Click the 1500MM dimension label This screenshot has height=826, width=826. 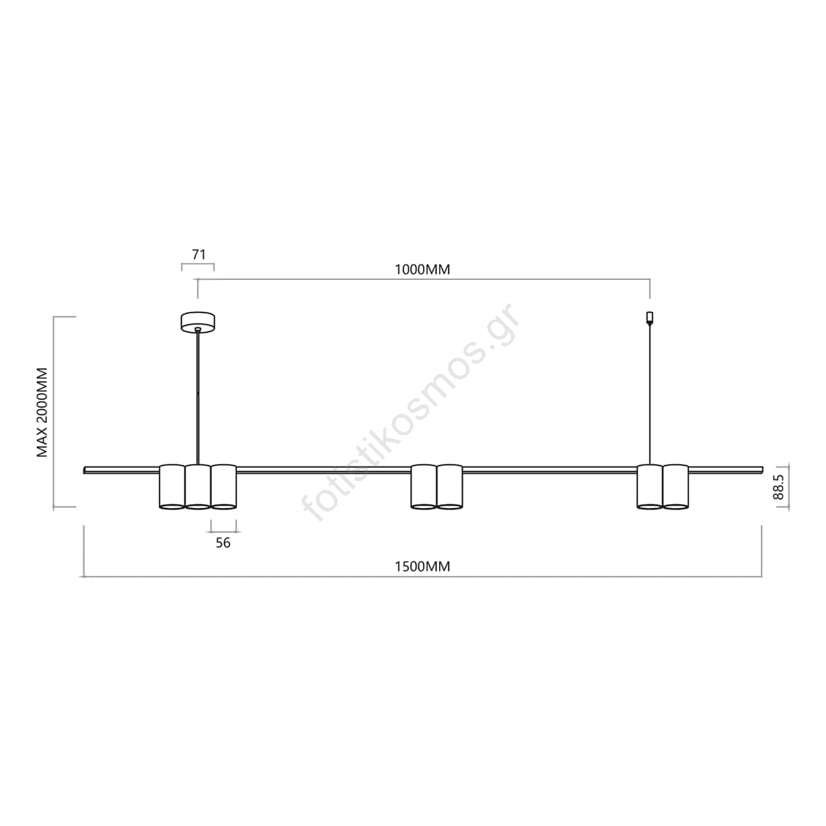(x=422, y=566)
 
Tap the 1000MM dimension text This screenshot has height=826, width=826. (x=422, y=270)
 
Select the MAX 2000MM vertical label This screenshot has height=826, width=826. (x=42, y=412)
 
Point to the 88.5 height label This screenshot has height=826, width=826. (x=779, y=487)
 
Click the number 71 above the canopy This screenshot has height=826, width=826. (x=199, y=255)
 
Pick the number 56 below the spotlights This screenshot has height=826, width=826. (x=223, y=542)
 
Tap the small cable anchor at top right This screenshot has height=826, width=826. (x=650, y=317)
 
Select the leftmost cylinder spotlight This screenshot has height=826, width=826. (x=172, y=486)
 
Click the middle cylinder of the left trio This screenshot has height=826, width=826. (x=198, y=486)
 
